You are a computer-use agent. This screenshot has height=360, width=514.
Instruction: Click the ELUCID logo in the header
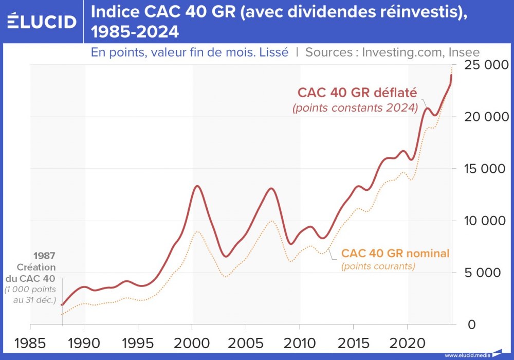click(x=42, y=21)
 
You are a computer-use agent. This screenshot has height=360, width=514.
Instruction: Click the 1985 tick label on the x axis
click(x=30, y=343)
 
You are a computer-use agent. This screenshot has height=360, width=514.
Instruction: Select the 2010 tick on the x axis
click(x=300, y=343)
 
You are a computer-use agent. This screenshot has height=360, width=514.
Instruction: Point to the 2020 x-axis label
click(x=407, y=343)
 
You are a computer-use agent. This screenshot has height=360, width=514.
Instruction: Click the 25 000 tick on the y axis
click(x=485, y=65)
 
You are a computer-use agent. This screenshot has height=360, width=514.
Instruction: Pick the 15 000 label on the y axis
click(x=485, y=169)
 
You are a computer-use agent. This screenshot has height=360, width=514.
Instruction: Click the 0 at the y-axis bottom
click(x=471, y=325)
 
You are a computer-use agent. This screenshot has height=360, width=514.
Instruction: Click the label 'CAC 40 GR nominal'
click(x=395, y=253)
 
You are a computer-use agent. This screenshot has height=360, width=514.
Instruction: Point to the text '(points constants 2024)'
click(x=355, y=109)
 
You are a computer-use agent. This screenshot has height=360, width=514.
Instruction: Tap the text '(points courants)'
click(x=378, y=266)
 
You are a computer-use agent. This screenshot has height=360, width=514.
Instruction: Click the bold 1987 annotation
click(x=45, y=256)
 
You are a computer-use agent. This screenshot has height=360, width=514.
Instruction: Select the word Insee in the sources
click(x=464, y=52)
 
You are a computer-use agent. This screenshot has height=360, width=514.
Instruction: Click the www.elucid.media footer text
click(x=467, y=355)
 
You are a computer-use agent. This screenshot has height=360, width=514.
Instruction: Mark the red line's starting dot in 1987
click(x=62, y=305)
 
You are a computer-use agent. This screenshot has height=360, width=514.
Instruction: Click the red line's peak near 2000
click(x=196, y=186)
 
